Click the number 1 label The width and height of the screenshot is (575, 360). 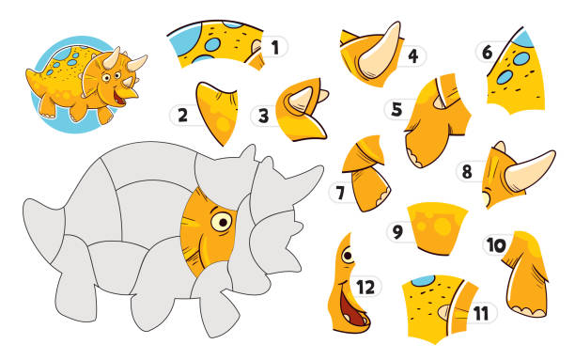274,48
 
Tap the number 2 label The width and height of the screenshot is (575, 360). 182,115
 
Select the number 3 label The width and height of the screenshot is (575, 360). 263,116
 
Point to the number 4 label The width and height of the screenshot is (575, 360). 412,56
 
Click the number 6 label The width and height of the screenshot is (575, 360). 487,53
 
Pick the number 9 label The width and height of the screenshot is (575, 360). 397,232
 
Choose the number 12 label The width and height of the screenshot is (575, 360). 365,287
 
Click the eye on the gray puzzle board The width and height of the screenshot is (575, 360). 221,222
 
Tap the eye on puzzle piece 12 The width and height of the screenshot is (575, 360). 348,255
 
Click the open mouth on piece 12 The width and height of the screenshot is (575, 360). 351,309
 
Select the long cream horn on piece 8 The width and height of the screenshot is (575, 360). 530,170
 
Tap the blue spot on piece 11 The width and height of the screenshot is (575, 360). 423,281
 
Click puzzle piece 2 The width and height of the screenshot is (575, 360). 217,112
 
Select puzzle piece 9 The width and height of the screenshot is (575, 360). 436,227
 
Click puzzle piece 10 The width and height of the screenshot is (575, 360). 525,274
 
